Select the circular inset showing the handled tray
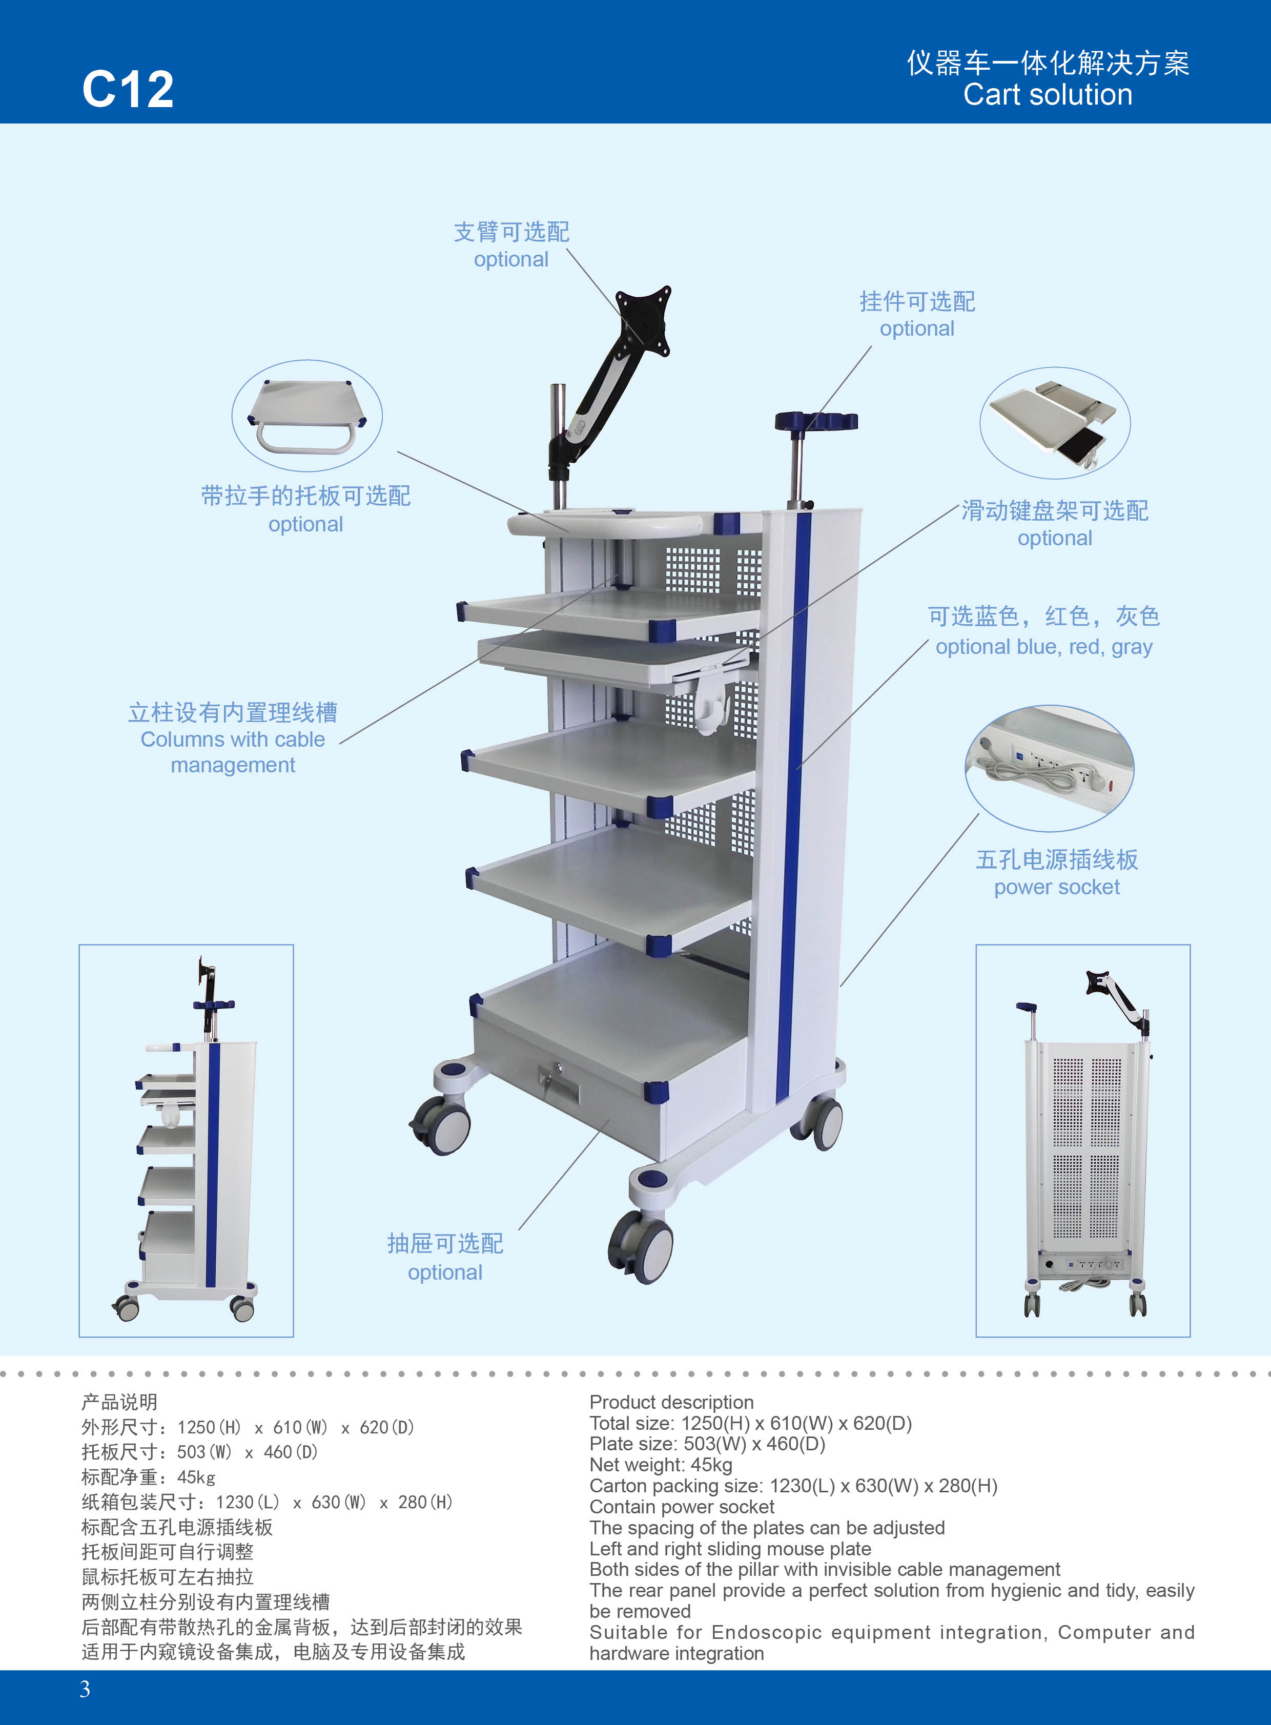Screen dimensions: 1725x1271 (307, 416)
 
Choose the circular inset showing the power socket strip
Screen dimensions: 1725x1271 (1050, 767)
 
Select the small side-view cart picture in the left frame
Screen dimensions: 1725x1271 (186, 1140)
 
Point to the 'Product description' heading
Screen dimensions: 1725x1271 (671, 1402)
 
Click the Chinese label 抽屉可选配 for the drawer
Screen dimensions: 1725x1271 (445, 1243)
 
